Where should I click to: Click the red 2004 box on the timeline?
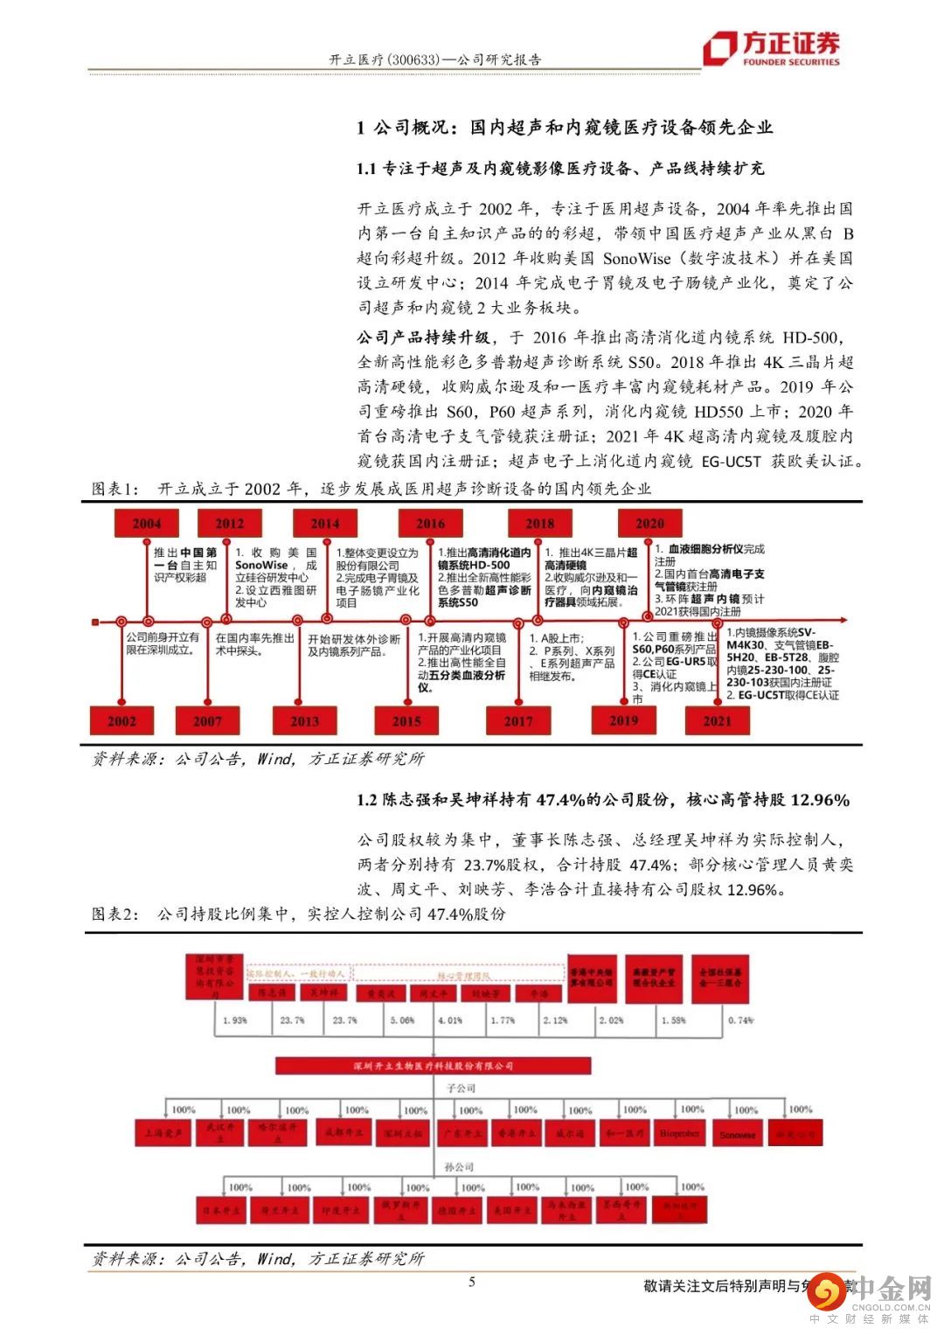146,523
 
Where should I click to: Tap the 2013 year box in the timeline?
305,720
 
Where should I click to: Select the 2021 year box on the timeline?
717,720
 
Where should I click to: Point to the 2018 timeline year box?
539,523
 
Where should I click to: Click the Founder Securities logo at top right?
771,48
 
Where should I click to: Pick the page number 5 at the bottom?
472,1282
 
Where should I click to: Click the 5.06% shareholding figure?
403,1019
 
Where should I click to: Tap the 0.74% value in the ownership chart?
740,1019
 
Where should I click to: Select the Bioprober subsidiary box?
679,1133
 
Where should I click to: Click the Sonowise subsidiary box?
738,1134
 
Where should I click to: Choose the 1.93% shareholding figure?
235,1019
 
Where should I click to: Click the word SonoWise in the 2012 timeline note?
261,565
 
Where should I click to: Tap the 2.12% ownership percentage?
555,1019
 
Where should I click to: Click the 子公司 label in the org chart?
461,1088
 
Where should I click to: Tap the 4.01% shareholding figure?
450,1019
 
